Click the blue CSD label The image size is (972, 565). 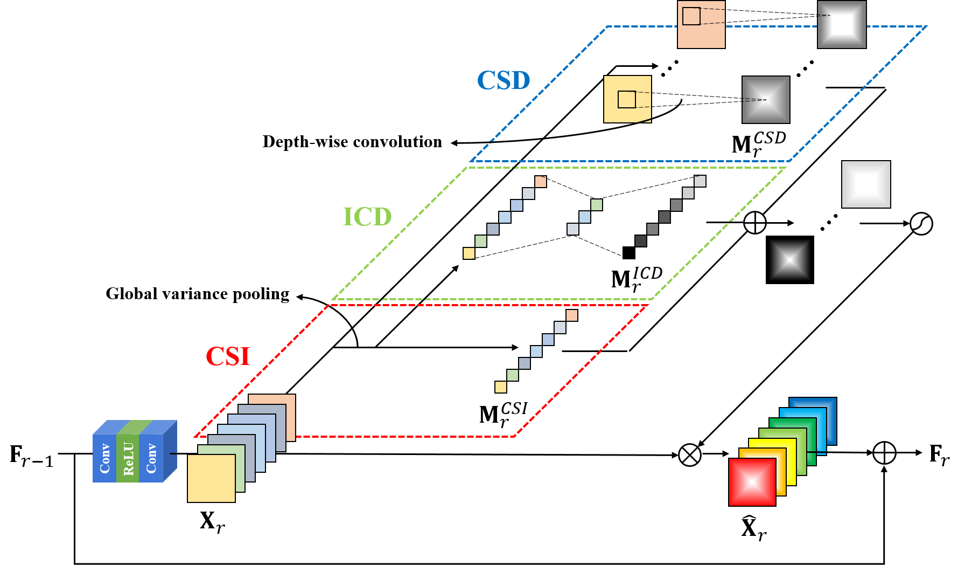point(504,81)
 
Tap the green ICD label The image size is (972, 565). point(367,217)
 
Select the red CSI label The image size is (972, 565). point(228,356)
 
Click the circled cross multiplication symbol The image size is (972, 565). point(690,455)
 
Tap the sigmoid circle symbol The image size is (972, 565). point(921,224)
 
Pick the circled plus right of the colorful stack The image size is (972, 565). point(884,453)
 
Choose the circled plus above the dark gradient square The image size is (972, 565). point(755,223)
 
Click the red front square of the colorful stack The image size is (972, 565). point(752,482)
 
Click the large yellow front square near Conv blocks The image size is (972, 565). point(211,478)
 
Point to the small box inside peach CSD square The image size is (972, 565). point(691,16)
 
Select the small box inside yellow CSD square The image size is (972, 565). point(627,100)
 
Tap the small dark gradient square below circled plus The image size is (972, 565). point(790,260)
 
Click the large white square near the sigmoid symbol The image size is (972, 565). point(866,184)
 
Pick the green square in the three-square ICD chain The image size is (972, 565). point(597,205)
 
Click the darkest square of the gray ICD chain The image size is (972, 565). point(641,241)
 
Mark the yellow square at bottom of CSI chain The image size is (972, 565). point(501,387)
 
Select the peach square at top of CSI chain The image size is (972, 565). point(572,315)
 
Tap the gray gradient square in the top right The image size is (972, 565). point(842,24)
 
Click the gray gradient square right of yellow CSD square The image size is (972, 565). point(766,100)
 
